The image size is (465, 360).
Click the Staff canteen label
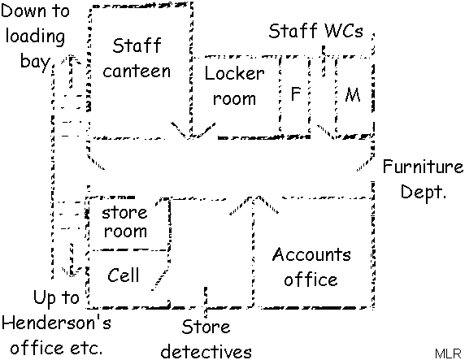137,59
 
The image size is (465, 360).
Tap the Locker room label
234,85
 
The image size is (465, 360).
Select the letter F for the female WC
295,94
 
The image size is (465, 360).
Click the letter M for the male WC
353,95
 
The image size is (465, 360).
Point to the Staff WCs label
315,31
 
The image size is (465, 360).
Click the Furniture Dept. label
423,179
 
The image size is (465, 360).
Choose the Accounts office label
311,267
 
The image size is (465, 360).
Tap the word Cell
123,275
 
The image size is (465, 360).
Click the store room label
124,222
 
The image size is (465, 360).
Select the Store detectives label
206,339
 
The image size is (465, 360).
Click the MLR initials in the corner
448,353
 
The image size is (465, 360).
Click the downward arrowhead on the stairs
72,271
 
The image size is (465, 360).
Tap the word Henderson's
56,322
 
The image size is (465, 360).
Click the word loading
35,37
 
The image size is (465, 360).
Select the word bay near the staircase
35,63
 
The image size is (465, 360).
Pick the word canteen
137,72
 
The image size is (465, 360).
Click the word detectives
206,351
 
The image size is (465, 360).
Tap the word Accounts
311,254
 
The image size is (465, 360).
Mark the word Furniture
423,166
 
